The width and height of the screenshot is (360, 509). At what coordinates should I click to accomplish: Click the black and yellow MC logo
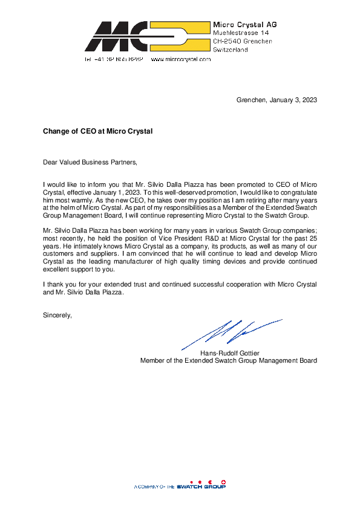coord(148,36)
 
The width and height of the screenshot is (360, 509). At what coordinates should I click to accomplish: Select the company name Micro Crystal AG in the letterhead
coord(244,24)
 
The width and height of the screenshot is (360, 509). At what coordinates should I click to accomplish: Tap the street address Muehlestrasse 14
coord(241,32)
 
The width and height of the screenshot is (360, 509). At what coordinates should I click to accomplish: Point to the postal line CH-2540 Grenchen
coord(243,41)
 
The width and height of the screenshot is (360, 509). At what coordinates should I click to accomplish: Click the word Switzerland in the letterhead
coord(231,50)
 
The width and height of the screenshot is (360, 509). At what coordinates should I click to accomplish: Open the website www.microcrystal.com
coord(180,60)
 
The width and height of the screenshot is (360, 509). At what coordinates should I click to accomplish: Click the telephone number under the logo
coord(113,60)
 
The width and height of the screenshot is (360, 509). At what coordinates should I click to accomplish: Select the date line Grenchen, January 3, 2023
coord(277,100)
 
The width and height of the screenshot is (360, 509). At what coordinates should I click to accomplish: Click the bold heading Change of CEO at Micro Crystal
coord(97,131)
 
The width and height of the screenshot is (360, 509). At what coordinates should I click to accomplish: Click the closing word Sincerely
coord(57,315)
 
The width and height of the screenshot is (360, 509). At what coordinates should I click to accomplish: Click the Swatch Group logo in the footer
coord(201,486)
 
